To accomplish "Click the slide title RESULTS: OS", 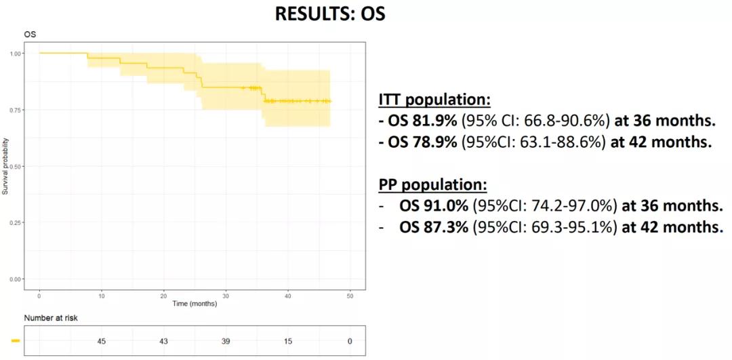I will [x=330, y=14].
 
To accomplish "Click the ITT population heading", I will [x=434, y=100].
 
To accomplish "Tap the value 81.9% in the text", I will [x=432, y=122].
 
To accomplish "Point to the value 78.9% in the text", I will [x=432, y=144].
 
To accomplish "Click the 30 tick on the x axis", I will [x=226, y=296].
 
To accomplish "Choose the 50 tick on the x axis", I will [x=350, y=296].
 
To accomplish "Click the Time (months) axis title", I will [x=195, y=304].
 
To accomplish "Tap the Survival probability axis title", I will [x=5, y=166].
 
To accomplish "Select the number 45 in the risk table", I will [x=101, y=341].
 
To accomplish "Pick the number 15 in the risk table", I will [x=287, y=341].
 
